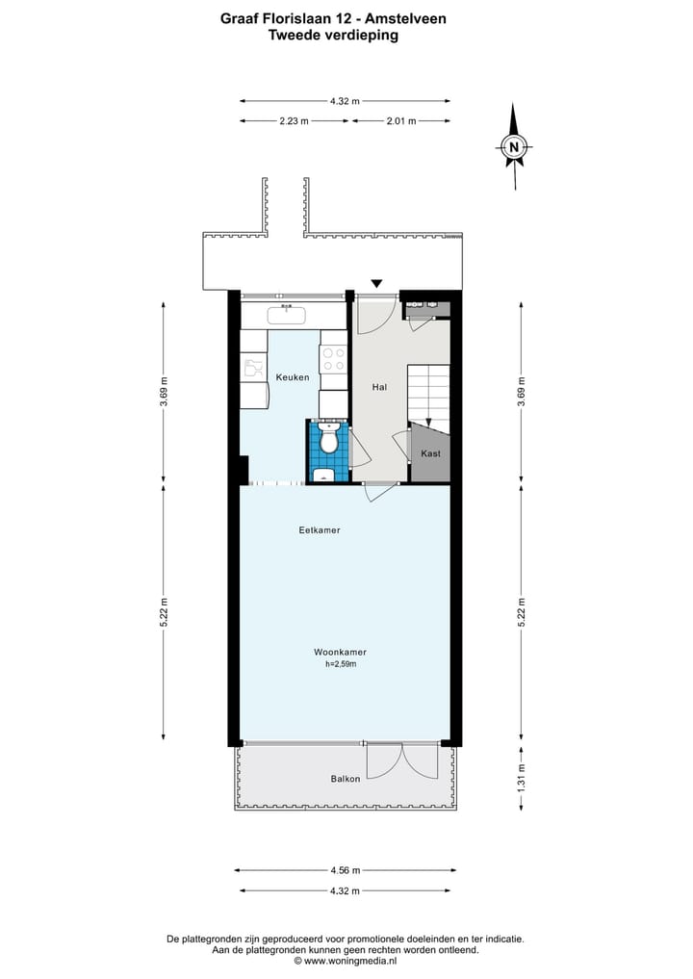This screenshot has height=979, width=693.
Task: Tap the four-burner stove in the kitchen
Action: tap(333, 358)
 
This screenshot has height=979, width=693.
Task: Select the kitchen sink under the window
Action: tap(287, 314)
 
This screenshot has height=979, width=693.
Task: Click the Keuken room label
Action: tap(293, 377)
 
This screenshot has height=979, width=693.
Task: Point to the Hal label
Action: tap(379, 387)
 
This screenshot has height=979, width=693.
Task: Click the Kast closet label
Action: tap(430, 453)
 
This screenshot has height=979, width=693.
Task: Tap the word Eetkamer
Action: tap(320, 530)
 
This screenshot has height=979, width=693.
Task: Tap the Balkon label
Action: tap(345, 778)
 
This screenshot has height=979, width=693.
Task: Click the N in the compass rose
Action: tap(514, 147)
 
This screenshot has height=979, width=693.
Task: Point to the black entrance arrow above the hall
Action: tap(377, 283)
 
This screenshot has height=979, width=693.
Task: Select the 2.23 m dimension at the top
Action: tap(294, 120)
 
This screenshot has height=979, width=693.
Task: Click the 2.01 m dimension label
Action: tap(400, 120)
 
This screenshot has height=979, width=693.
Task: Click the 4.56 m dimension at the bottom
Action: tap(345, 870)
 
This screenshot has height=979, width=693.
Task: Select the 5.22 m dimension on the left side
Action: tap(164, 613)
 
